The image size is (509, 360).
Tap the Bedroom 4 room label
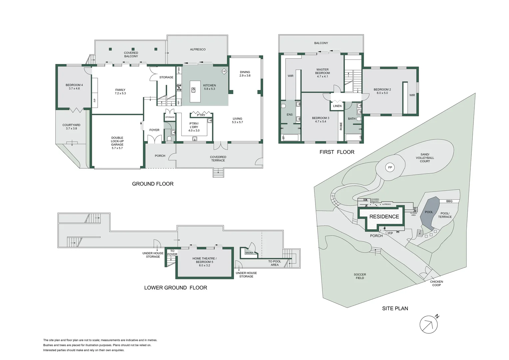click(74, 87)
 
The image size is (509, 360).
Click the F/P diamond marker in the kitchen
click(224, 71)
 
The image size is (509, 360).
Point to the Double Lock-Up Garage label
click(117, 143)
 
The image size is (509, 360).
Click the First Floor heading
click(337, 152)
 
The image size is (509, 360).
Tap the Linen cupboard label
click(337, 106)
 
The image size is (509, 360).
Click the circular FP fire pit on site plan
click(390, 167)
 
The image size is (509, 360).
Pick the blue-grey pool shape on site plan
click(428, 213)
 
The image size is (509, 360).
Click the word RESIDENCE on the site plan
click(384, 217)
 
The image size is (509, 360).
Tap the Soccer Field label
click(360, 276)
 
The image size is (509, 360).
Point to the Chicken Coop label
click(436, 283)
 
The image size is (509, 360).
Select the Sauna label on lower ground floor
click(249, 253)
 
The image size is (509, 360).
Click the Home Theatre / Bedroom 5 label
click(205, 262)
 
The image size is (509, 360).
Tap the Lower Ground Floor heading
click(176, 288)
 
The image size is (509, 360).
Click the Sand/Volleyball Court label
click(425, 158)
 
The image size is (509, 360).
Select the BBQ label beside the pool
click(449, 201)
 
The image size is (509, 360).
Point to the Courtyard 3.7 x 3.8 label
click(71, 127)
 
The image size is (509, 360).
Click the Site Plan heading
click(395, 308)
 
